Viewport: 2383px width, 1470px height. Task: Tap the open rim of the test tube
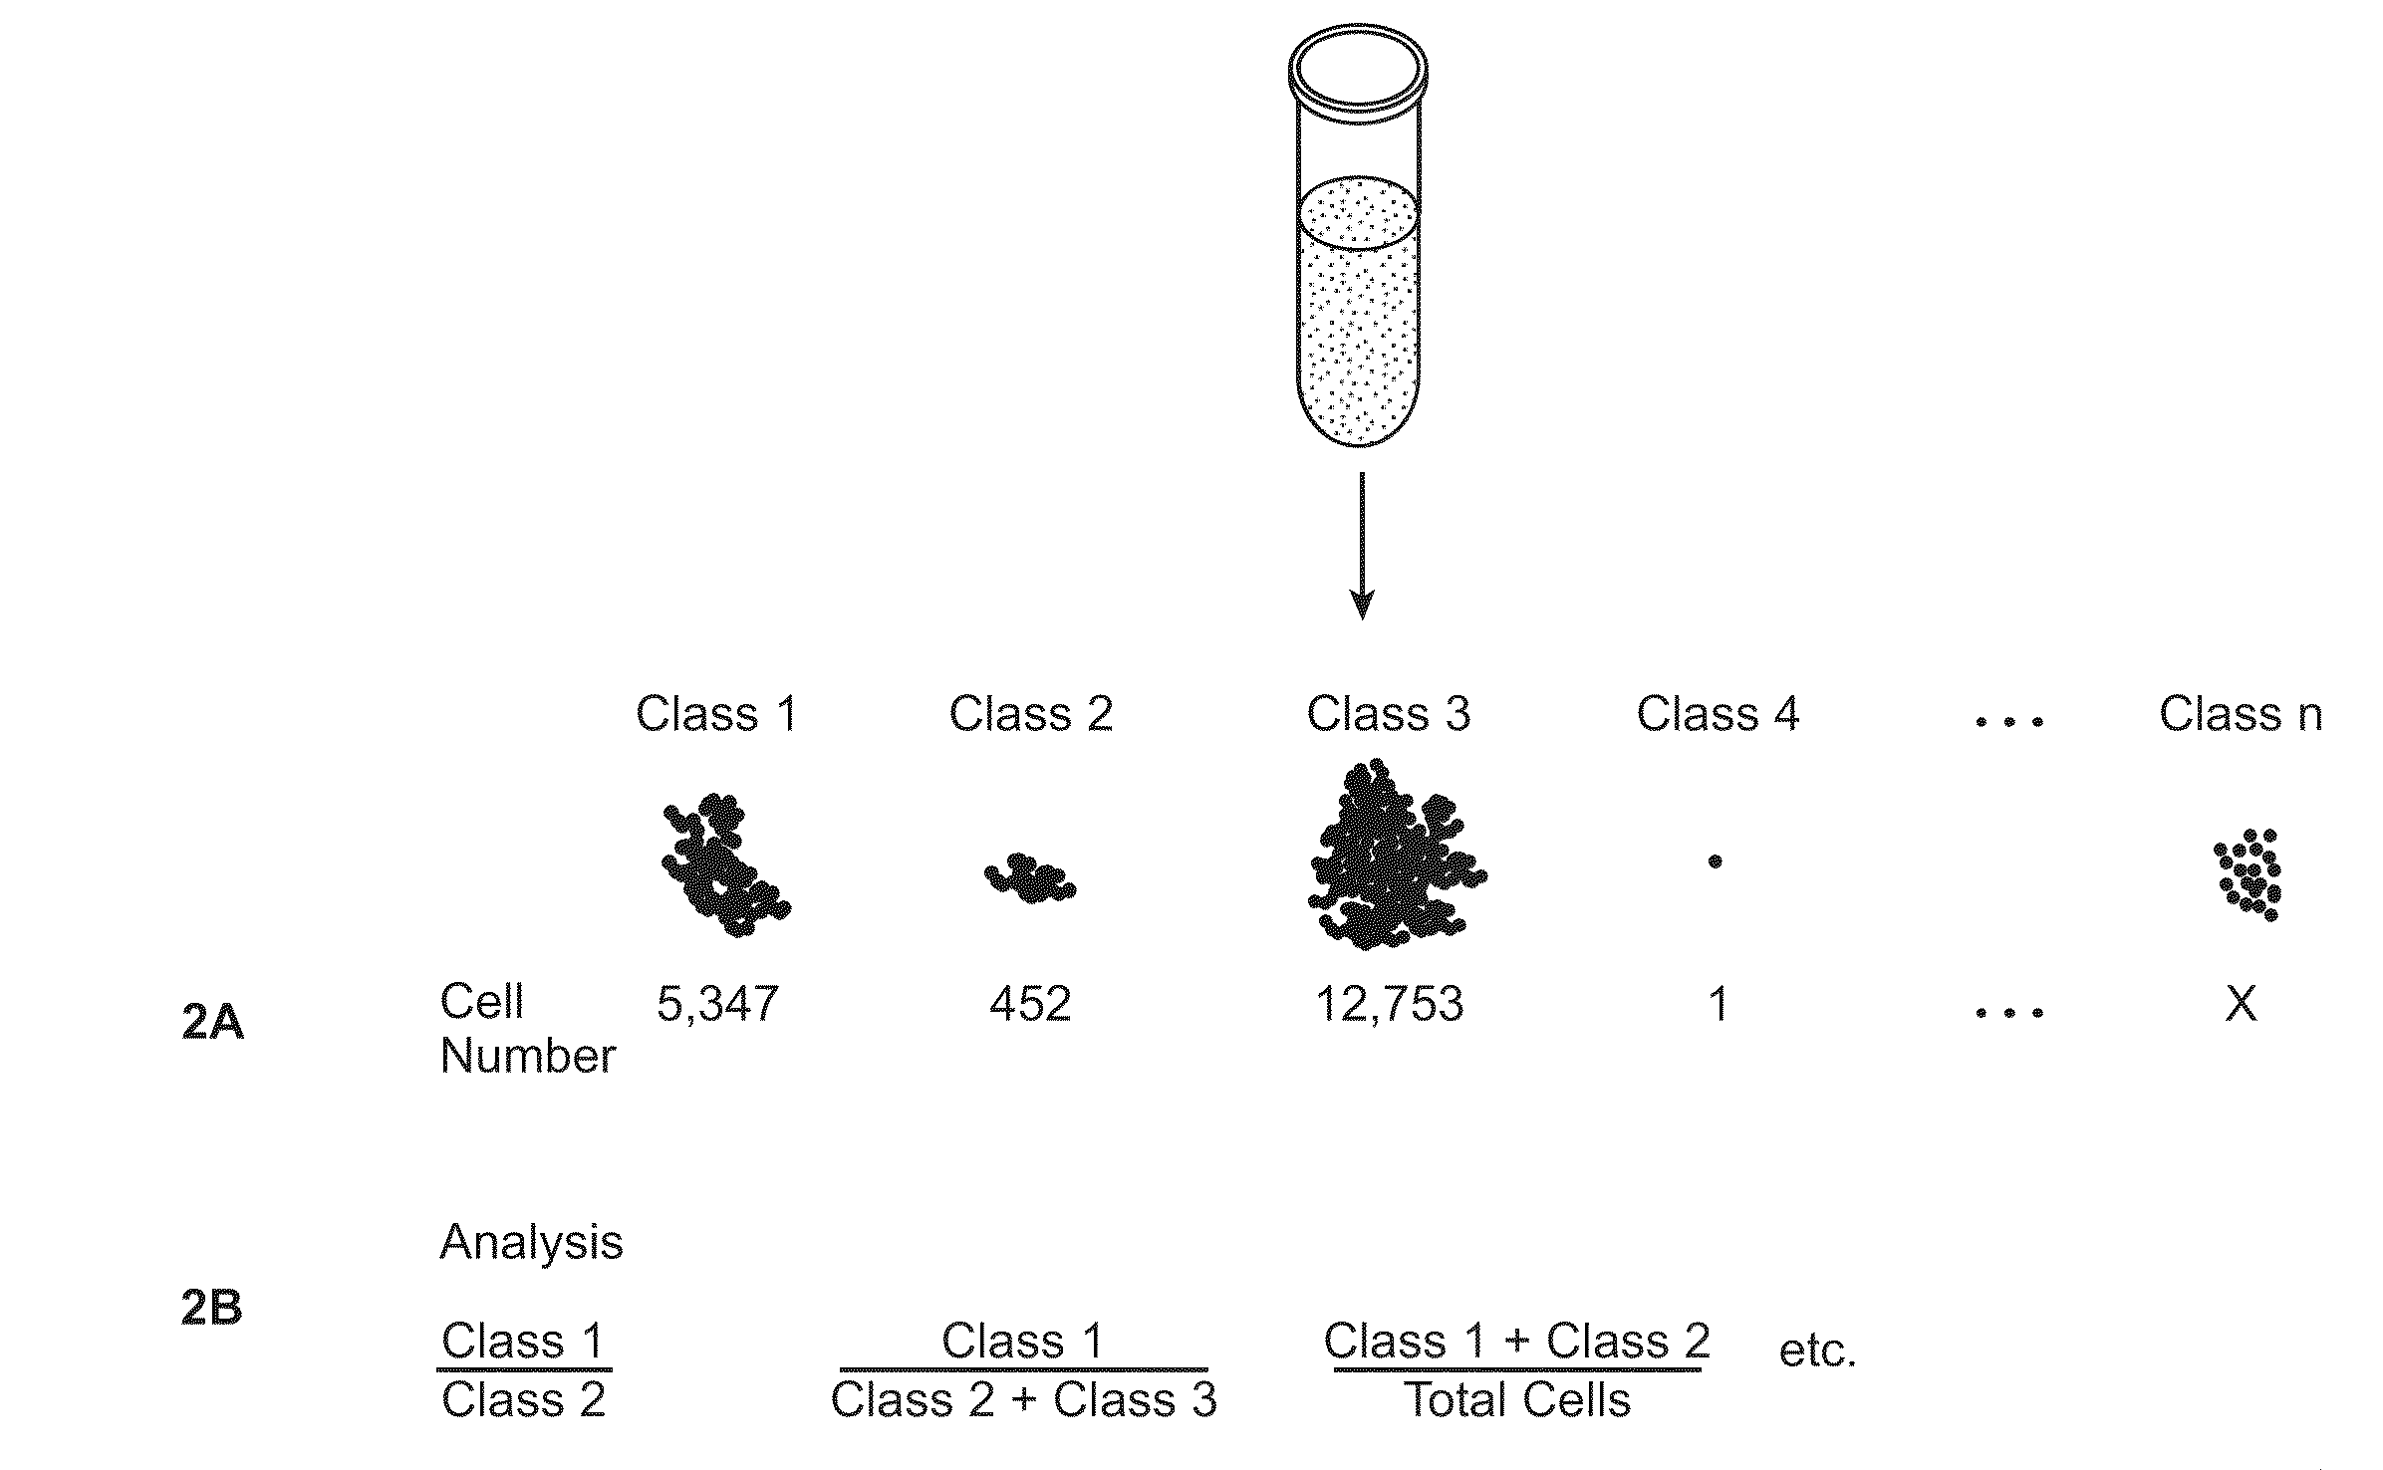[x=1358, y=68]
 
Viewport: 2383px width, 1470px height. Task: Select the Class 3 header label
[x=1388, y=714]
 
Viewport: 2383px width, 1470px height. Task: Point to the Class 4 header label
[x=1718, y=714]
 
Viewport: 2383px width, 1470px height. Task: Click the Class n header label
[x=2241, y=714]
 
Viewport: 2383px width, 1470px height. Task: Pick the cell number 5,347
[x=717, y=1004]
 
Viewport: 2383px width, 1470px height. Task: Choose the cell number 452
[x=1030, y=1004]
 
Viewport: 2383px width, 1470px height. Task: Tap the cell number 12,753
[x=1390, y=1004]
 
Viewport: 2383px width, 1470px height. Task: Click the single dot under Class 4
[x=1715, y=861]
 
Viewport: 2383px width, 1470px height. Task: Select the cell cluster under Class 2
[x=1030, y=878]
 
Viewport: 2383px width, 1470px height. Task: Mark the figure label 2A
[x=213, y=1023]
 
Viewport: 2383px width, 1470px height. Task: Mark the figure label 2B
[x=212, y=1308]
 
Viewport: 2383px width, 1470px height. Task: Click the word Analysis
[x=531, y=1242]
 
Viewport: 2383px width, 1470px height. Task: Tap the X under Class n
[x=2241, y=1004]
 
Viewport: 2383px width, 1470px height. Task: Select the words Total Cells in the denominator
[x=1517, y=1401]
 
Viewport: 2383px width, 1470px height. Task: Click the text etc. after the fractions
[x=1817, y=1351]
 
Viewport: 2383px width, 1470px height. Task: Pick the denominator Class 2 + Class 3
[x=1023, y=1401]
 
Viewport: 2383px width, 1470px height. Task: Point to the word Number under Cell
[x=528, y=1056]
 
